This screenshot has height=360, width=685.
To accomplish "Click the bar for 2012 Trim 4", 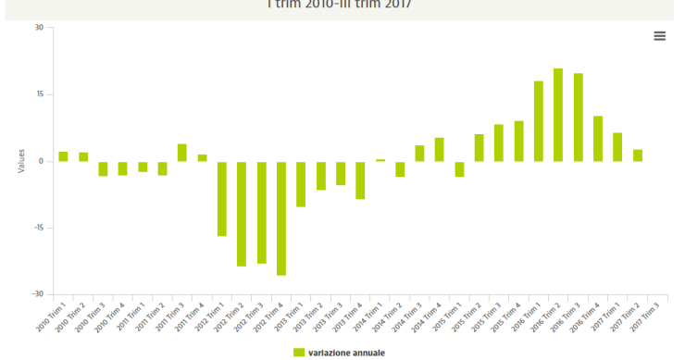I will coord(281,218).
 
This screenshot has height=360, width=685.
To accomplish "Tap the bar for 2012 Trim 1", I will coord(222,199).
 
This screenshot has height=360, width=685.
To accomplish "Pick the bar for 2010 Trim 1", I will coord(64,156).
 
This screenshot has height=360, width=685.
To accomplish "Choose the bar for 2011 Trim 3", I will coord(182,153).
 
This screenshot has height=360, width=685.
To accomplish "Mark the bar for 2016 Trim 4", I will coord(598,139).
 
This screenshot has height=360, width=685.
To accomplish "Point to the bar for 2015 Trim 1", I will coord(459,168).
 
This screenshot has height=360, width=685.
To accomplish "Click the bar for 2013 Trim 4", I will coord(360,180).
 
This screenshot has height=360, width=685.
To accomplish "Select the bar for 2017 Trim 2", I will coord(638,155).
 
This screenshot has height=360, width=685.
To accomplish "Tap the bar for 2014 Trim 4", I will coord(440,150).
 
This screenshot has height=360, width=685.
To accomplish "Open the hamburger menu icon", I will coord(660,36).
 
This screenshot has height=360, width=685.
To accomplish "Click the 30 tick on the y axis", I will coord(39,28).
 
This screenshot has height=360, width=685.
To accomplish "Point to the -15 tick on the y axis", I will coord(37,228).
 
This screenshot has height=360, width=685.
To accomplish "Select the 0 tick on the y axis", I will coord(41,161).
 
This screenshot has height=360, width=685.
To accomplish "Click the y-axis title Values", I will coord(20,161).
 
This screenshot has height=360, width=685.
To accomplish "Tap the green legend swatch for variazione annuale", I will coord(299,353).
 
